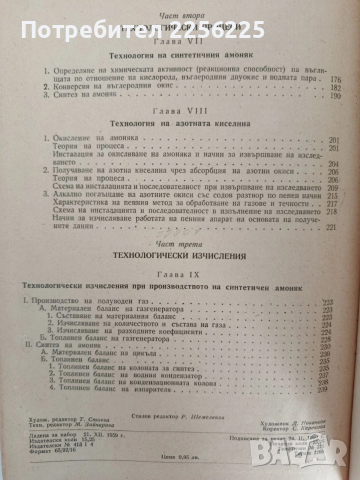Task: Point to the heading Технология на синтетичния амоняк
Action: pyautogui.click(x=179, y=59)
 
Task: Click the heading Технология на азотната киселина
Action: pyautogui.click(x=179, y=146)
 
